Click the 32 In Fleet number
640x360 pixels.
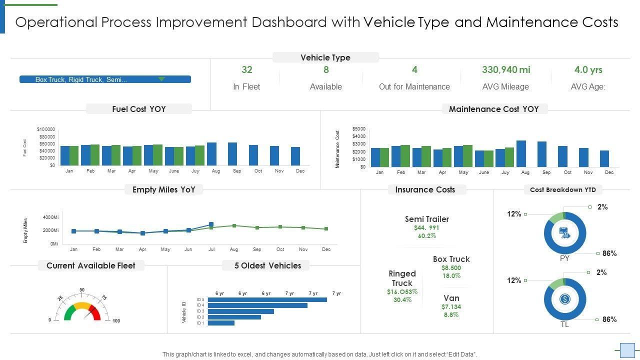tap(247, 70)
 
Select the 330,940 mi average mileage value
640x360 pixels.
tap(506, 70)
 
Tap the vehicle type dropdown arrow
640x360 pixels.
tap(161, 79)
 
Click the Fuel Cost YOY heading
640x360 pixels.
tap(139, 109)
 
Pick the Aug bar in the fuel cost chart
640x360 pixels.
tap(211, 154)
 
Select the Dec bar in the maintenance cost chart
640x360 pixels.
tap(604, 158)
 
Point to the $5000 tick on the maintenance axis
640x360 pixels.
tap(359, 129)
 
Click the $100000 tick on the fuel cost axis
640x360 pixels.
tap(46, 129)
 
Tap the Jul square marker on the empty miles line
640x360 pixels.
tap(211, 224)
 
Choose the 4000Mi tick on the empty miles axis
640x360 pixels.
tap(51, 217)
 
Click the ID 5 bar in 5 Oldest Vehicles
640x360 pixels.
tap(267, 299)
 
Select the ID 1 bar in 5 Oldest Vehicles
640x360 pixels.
tap(221, 323)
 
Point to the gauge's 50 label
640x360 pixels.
tap(82, 290)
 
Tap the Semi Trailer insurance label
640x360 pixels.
tap(427, 219)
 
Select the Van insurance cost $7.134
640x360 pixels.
tap(451, 306)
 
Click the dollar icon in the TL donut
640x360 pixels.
tap(564, 299)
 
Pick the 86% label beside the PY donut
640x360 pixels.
tap(609, 253)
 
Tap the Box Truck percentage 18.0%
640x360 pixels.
tap(451, 276)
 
